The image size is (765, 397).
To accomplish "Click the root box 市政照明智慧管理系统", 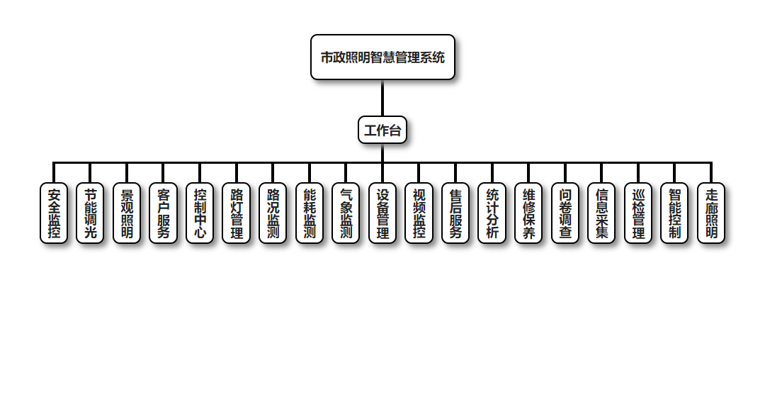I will (x=382, y=57).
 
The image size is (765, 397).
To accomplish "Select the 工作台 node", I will (x=382, y=130).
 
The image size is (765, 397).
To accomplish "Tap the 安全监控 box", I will (x=54, y=213).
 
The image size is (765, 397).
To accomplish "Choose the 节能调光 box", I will (x=90, y=213).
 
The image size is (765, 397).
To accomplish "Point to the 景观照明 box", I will (x=127, y=213).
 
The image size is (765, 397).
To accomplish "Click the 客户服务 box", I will (x=163, y=213).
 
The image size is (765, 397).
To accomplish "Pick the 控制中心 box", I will (x=200, y=213).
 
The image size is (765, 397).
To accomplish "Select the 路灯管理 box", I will (x=237, y=213).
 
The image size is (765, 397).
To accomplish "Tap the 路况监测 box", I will (x=273, y=213).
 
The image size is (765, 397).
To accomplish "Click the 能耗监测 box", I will (x=310, y=213).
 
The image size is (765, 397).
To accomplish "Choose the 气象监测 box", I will (x=346, y=213).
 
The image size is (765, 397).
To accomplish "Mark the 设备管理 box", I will (x=382, y=213).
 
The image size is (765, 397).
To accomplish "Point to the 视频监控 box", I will (x=419, y=213).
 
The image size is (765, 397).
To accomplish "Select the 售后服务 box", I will (x=455, y=213).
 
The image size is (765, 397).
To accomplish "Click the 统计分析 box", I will (x=492, y=213).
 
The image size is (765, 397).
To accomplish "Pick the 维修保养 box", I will (x=528, y=213).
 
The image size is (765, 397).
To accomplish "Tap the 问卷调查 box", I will (x=565, y=213).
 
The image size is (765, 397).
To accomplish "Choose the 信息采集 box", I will (x=601, y=213).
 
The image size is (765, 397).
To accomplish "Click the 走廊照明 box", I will (x=711, y=213).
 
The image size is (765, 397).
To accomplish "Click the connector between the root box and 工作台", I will (x=382, y=98).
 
